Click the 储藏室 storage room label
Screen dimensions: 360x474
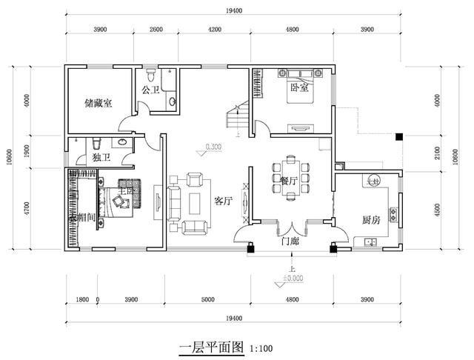[x=99, y=104]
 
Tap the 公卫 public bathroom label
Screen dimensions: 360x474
[x=151, y=91]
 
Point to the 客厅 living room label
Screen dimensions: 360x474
[x=223, y=201]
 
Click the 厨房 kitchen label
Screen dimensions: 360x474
[x=372, y=220]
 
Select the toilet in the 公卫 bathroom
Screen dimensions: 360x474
[x=151, y=76]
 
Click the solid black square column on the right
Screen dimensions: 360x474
[x=398, y=137]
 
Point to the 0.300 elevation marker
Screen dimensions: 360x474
[x=213, y=146]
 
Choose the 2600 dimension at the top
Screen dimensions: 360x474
[x=156, y=30]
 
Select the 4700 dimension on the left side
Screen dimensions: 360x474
[x=27, y=210]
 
